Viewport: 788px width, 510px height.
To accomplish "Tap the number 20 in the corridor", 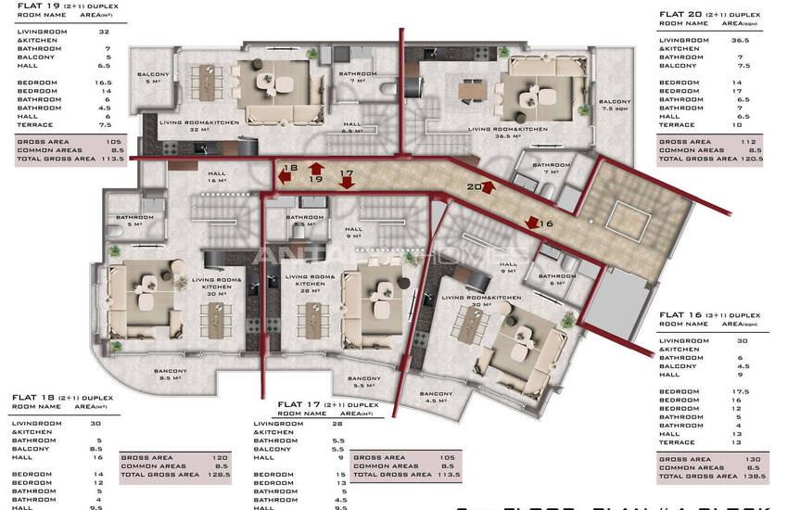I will click(x=473, y=186).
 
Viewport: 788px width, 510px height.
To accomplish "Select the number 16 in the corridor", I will click(x=545, y=223).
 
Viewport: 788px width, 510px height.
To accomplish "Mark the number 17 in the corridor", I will click(x=347, y=173).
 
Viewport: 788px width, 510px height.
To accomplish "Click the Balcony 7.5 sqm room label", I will click(x=614, y=105).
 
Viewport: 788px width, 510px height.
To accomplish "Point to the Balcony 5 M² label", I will click(x=153, y=77).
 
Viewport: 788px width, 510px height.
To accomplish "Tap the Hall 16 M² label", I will click(x=217, y=177).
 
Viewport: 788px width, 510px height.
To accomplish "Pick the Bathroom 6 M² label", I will click(x=556, y=279).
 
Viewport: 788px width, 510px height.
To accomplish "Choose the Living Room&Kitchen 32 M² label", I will click(x=198, y=126).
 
